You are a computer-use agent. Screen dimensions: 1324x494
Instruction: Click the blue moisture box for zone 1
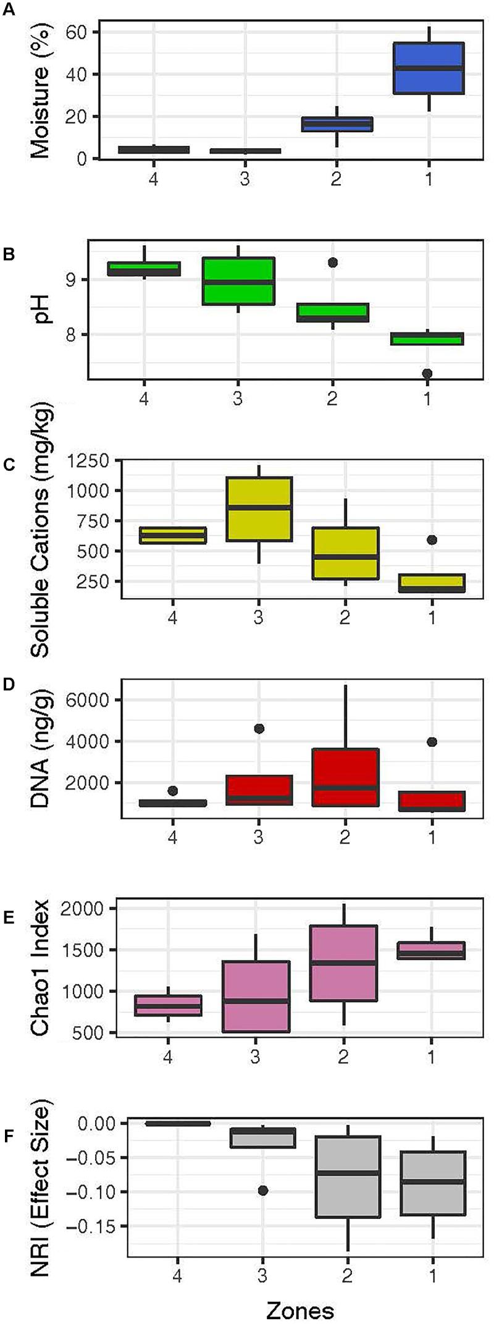pyautogui.click(x=428, y=68)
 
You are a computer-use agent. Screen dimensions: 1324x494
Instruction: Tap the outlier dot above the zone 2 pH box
pyautogui.click(x=332, y=262)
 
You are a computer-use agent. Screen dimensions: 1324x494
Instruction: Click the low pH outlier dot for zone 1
pyautogui.click(x=427, y=373)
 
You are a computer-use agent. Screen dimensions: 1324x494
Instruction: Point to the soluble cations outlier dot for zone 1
pyautogui.click(x=431, y=539)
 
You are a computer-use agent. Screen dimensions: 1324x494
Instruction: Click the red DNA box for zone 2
pyautogui.click(x=345, y=777)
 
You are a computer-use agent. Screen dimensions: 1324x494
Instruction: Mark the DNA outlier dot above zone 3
pyautogui.click(x=259, y=728)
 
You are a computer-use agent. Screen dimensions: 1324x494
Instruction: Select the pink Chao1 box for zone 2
pyautogui.click(x=344, y=963)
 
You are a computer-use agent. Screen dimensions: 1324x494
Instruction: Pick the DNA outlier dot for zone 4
pyautogui.click(x=172, y=791)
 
